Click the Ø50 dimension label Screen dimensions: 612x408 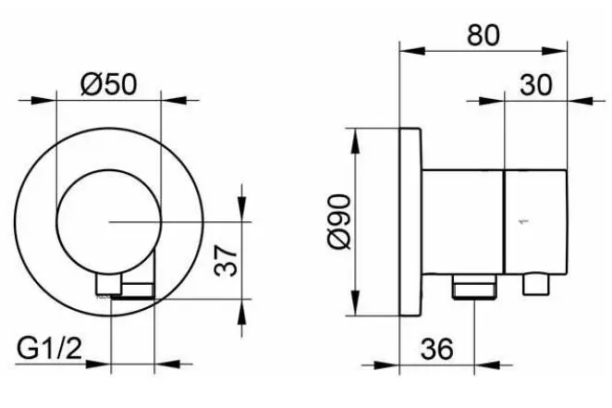coord(109,85)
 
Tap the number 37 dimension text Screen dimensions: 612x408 coord(226,260)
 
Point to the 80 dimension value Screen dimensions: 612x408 coord(483,34)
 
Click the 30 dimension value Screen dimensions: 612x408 coord(536,85)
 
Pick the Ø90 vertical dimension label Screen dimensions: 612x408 coord(340,221)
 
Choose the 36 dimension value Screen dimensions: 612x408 coord(437,348)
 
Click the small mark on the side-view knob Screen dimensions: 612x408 coord(523,222)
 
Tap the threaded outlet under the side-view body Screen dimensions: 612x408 coord(474,287)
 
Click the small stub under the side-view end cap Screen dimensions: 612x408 coord(537,284)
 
